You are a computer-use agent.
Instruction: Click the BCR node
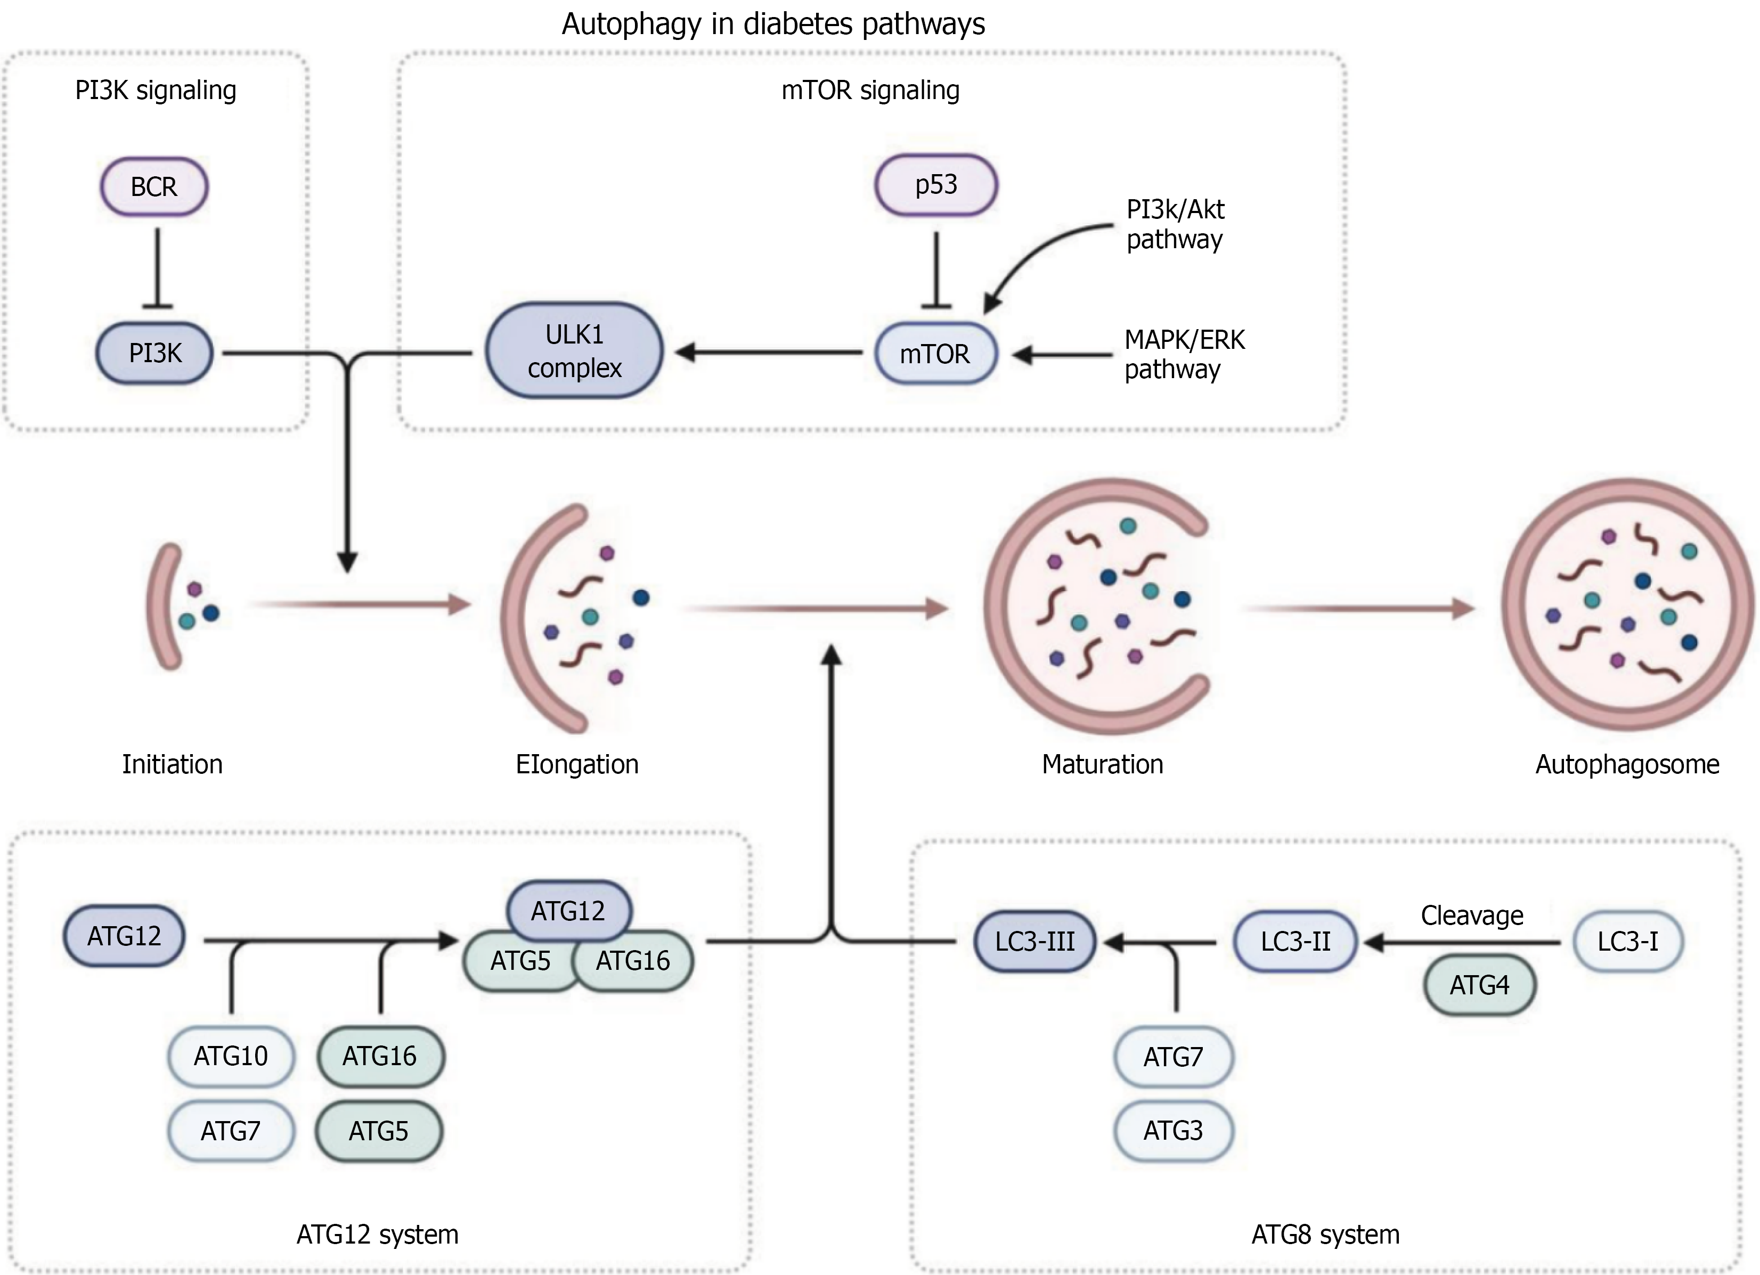[x=153, y=187]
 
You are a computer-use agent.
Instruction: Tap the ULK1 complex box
[x=574, y=352]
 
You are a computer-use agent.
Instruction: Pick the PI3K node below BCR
[x=154, y=354]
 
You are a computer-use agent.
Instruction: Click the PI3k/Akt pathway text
[x=1175, y=224]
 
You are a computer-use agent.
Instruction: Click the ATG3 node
[x=1172, y=1131]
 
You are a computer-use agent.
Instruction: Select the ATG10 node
[x=231, y=1056]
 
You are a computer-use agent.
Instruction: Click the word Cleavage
[x=1471, y=916]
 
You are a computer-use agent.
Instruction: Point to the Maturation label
[x=1102, y=764]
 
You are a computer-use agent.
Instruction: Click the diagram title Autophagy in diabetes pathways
[x=773, y=24]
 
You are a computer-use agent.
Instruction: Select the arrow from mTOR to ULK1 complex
[x=768, y=353]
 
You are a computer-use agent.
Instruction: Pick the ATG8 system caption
[x=1325, y=1235]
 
